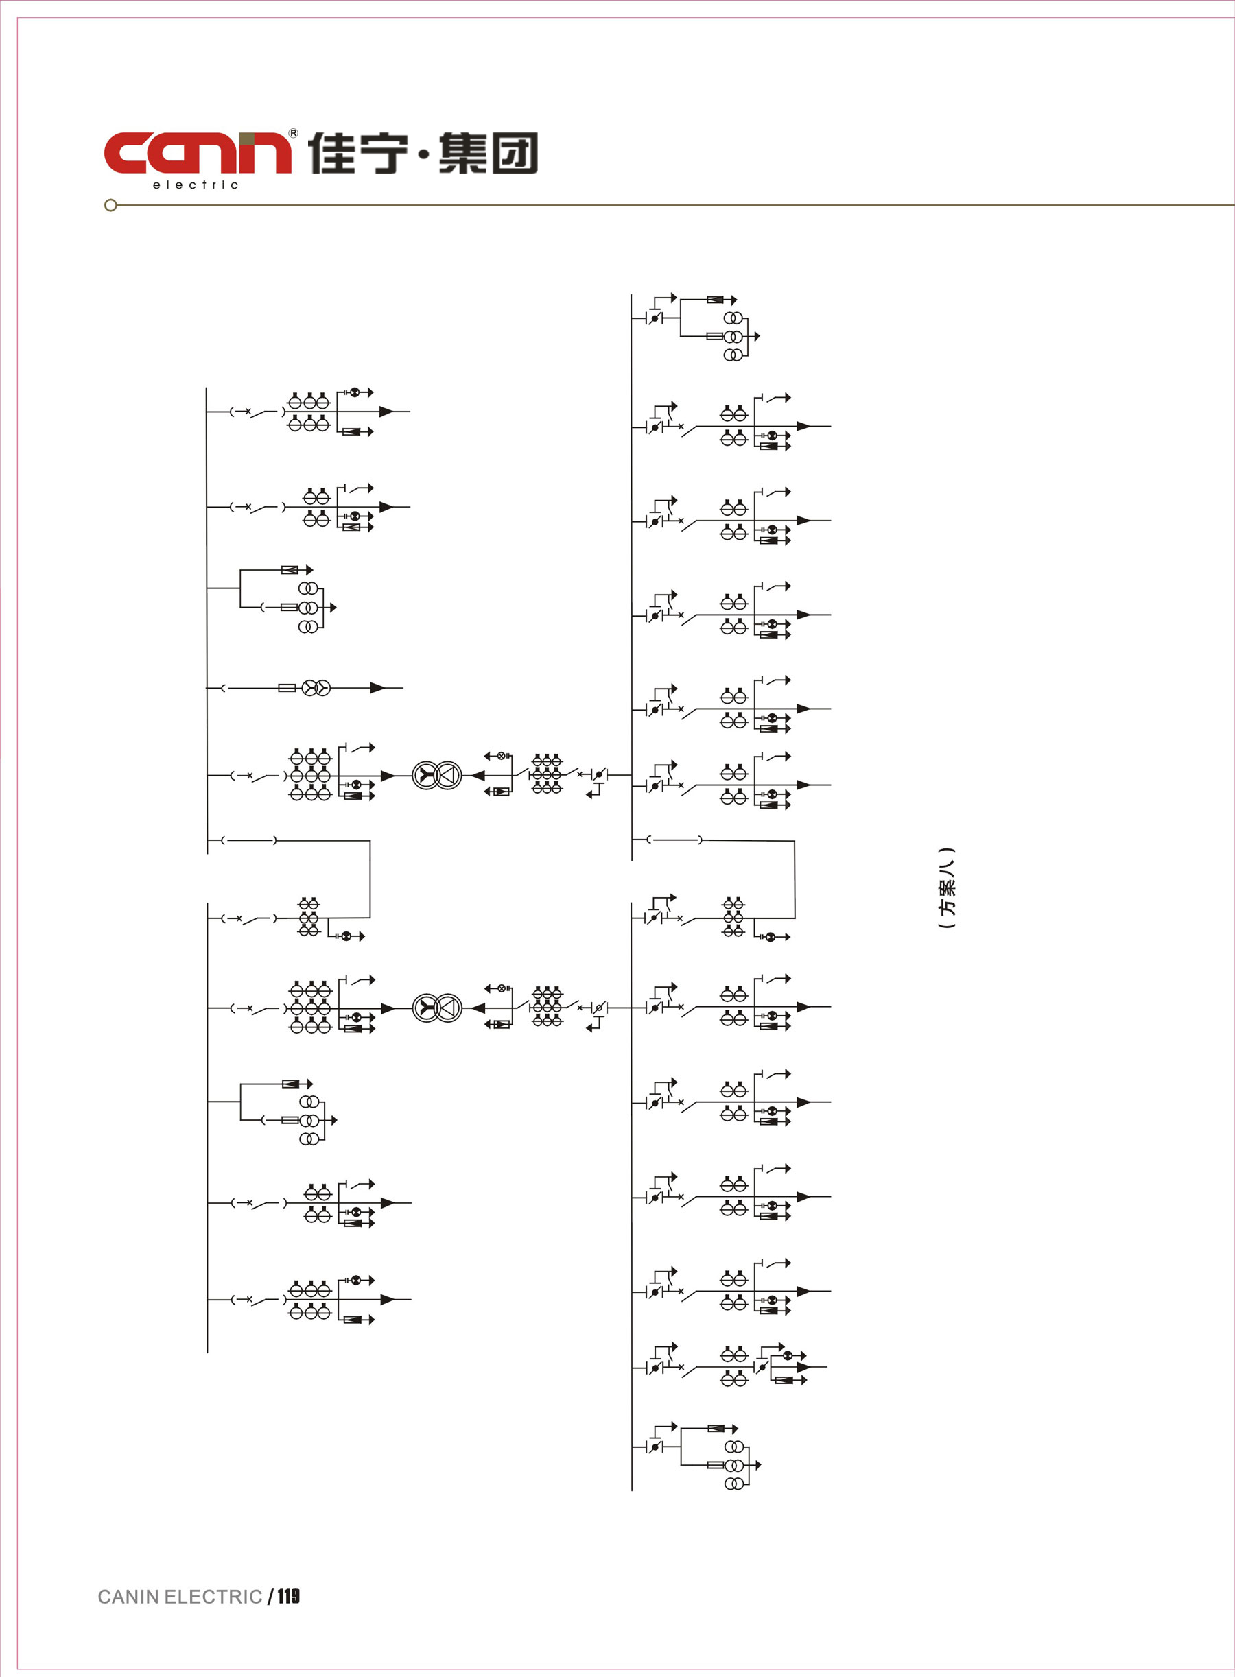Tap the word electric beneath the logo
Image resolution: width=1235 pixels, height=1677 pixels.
(195, 185)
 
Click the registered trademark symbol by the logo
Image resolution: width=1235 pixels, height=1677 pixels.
(293, 133)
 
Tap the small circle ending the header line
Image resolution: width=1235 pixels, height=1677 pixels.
(110, 205)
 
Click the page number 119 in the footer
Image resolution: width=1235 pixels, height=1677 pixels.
(289, 1596)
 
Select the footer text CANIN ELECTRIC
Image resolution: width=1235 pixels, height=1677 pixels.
(180, 1597)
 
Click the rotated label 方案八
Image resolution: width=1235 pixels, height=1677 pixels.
(946, 888)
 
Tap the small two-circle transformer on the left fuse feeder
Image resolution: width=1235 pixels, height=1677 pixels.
(316, 687)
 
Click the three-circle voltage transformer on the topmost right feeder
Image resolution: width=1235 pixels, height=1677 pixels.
(733, 336)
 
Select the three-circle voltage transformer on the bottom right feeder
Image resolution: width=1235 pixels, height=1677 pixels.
(734, 1465)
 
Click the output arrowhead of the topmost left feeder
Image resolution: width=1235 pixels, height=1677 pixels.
(386, 411)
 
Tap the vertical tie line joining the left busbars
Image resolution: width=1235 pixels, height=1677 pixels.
(370, 879)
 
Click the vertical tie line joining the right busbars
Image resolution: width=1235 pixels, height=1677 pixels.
(794, 879)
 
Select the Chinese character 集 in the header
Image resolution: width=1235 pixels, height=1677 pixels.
(462, 153)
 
